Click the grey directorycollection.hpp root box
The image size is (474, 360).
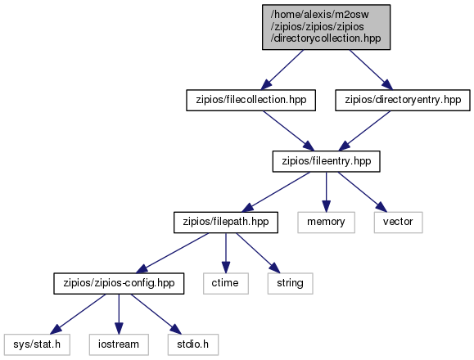coord(326,27)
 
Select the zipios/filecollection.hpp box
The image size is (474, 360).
coord(251,100)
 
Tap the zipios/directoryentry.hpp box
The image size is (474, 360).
coord(403,100)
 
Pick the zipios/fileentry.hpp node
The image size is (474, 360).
coord(326,161)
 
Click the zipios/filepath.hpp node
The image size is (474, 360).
coord(226,223)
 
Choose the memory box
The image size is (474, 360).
coord(326,223)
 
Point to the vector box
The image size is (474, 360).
coord(398,223)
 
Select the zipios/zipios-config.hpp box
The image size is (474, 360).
coord(119,284)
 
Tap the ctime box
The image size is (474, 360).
coord(226,284)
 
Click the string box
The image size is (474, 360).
coord(290,284)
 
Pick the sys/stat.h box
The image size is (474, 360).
coord(37,344)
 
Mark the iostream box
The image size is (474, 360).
coord(119,344)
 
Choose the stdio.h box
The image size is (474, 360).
coord(193,344)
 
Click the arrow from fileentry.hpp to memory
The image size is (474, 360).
coord(326,192)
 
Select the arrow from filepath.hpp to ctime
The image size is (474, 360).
coord(226,253)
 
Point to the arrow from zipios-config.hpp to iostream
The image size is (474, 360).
coord(119,314)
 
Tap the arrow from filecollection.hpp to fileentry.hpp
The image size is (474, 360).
coord(289,131)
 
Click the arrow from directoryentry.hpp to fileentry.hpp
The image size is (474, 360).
coord(364,131)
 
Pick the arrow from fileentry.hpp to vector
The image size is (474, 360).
coord(363,192)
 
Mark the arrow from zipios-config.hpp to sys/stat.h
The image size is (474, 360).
coord(78,314)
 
